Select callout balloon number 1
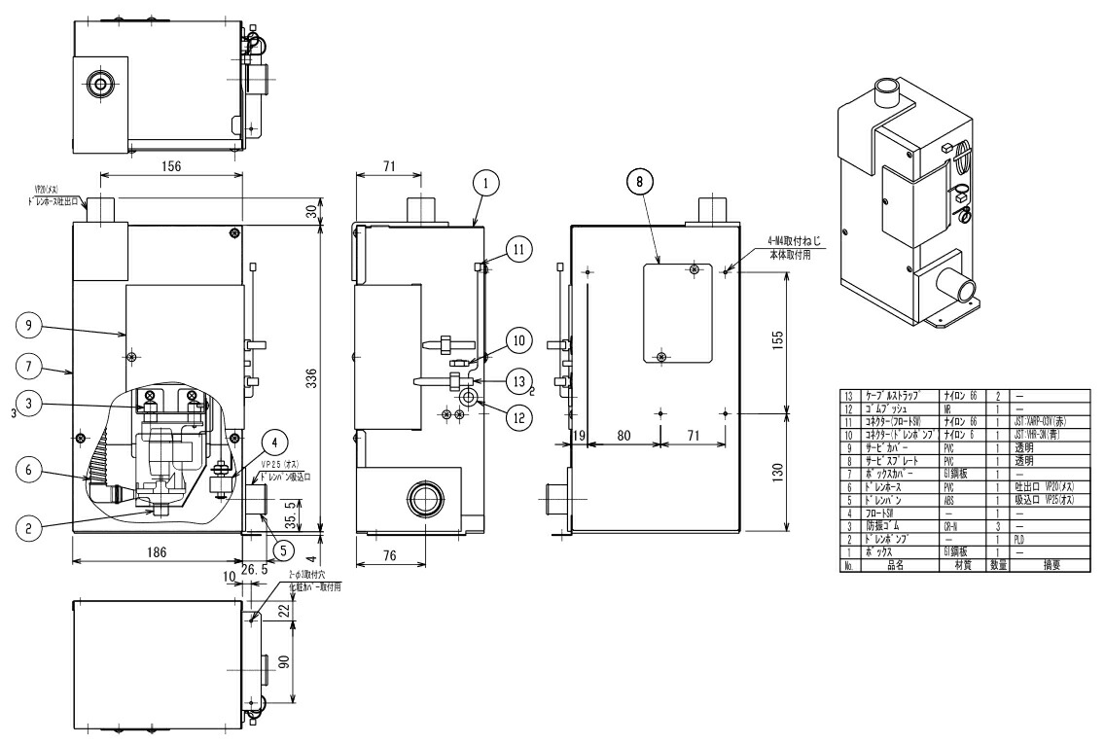point(487,181)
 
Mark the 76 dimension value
point(389,555)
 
